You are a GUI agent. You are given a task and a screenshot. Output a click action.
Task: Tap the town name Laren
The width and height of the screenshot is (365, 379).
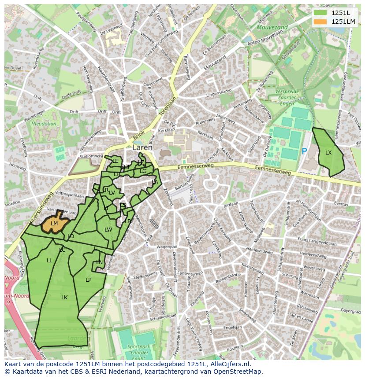pyautogui.click(x=142, y=148)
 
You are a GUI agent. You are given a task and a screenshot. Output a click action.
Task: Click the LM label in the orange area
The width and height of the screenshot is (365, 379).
pyautogui.click(x=54, y=224)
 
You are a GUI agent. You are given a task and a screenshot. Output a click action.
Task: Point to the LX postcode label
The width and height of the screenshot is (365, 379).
pyautogui.click(x=328, y=153)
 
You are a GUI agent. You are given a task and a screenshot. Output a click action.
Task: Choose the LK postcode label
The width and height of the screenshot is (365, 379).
pyautogui.click(x=64, y=298)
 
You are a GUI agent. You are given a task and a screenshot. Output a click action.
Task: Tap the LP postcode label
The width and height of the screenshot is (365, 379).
pyautogui.click(x=88, y=280)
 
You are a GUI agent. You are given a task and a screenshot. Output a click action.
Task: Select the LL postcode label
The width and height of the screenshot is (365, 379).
pyautogui.click(x=49, y=261)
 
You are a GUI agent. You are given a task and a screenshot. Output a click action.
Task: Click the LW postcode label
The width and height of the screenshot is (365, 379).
pyautogui.click(x=108, y=230)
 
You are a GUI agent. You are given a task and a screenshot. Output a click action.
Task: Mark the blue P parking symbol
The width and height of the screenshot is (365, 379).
pyautogui.click(x=304, y=151)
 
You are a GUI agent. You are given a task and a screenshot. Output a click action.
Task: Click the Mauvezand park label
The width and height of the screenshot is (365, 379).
pyautogui.click(x=272, y=27)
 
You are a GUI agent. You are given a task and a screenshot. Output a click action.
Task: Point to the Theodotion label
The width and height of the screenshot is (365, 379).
pyautogui.click(x=44, y=124)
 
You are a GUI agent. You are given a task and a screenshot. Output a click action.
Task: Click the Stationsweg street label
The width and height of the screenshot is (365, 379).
pyautogui.click(x=91, y=156)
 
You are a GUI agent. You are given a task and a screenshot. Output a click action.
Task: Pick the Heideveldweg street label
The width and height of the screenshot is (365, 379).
pyautogui.click(x=260, y=250)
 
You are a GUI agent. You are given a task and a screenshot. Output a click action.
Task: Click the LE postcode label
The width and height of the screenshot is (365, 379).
pyautogui.click(x=115, y=161)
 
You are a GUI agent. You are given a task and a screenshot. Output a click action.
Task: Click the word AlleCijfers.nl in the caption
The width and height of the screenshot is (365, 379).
pyautogui.click(x=228, y=364)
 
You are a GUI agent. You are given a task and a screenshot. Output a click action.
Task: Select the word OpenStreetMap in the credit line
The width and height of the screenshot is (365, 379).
pyautogui.click(x=238, y=372)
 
